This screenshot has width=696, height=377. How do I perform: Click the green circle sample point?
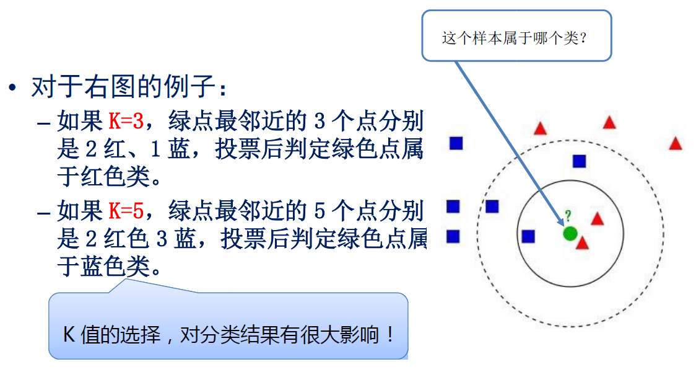click(570, 233)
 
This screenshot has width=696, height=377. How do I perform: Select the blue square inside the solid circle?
click(528, 236)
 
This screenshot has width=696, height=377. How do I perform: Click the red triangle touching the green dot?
click(582, 243)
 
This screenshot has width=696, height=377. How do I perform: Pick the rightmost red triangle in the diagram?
click(675, 144)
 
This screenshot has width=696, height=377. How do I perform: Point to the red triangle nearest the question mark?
click(597, 219)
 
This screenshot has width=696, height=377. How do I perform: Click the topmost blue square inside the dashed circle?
click(579, 161)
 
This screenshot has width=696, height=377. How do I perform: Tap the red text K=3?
click(126, 122)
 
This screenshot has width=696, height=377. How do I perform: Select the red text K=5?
click(126, 211)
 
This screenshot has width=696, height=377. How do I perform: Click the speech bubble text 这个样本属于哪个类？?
click(514, 38)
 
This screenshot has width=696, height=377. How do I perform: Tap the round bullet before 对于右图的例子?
click(13, 88)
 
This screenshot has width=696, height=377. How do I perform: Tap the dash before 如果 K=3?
click(43, 122)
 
